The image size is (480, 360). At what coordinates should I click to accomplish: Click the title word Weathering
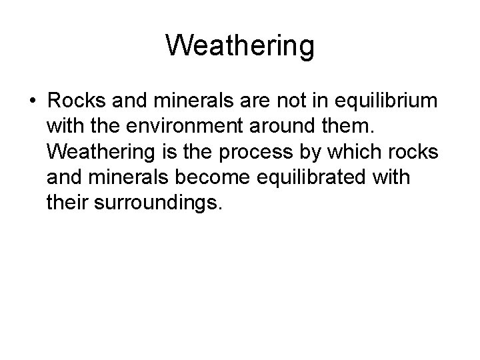tap(240, 46)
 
